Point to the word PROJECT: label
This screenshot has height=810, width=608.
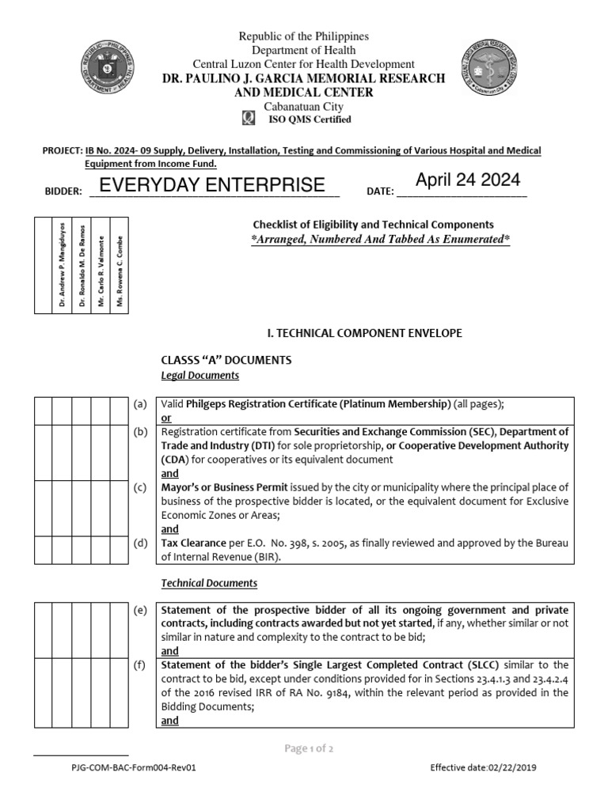pyautogui.click(x=62, y=150)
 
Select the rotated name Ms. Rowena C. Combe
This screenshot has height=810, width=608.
pyautogui.click(x=120, y=271)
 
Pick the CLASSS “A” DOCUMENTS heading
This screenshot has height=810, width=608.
pyautogui.click(x=226, y=360)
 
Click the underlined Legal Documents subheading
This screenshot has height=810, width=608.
pyautogui.click(x=199, y=375)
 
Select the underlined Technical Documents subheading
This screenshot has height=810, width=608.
pyautogui.click(x=209, y=583)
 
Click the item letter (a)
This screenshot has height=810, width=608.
pyautogui.click(x=140, y=404)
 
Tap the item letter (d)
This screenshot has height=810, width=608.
pyautogui.click(x=140, y=543)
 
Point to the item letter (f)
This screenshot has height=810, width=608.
pyautogui.click(x=140, y=664)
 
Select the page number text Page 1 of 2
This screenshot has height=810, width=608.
pyautogui.click(x=303, y=749)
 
